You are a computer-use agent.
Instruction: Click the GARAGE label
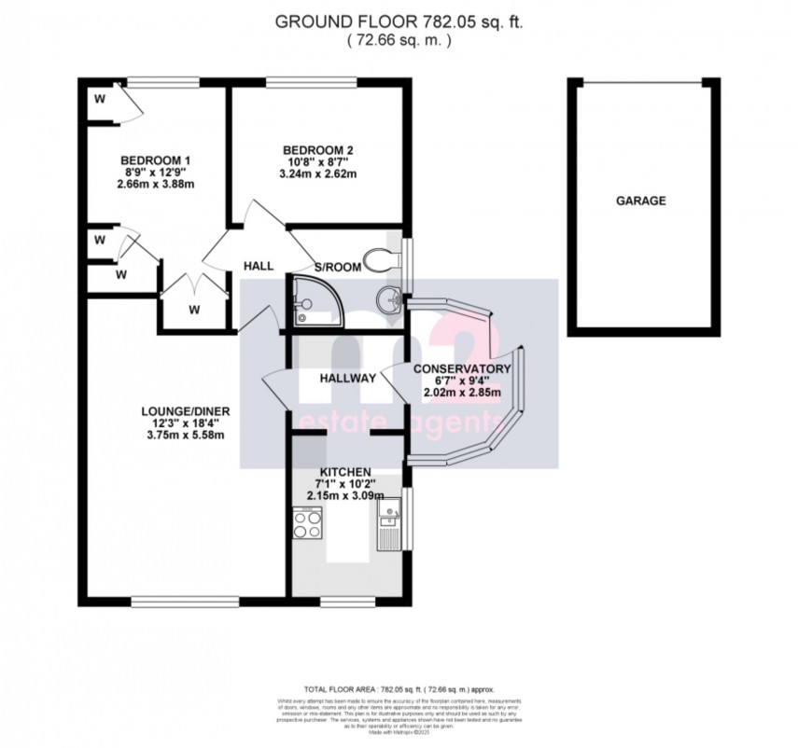click(x=640, y=201)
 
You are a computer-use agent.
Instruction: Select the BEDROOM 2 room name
click(x=318, y=148)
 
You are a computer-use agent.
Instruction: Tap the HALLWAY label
click(x=347, y=379)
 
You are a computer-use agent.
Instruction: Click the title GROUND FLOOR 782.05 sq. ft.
click(x=399, y=21)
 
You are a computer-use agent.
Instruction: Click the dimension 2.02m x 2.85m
click(x=462, y=393)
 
